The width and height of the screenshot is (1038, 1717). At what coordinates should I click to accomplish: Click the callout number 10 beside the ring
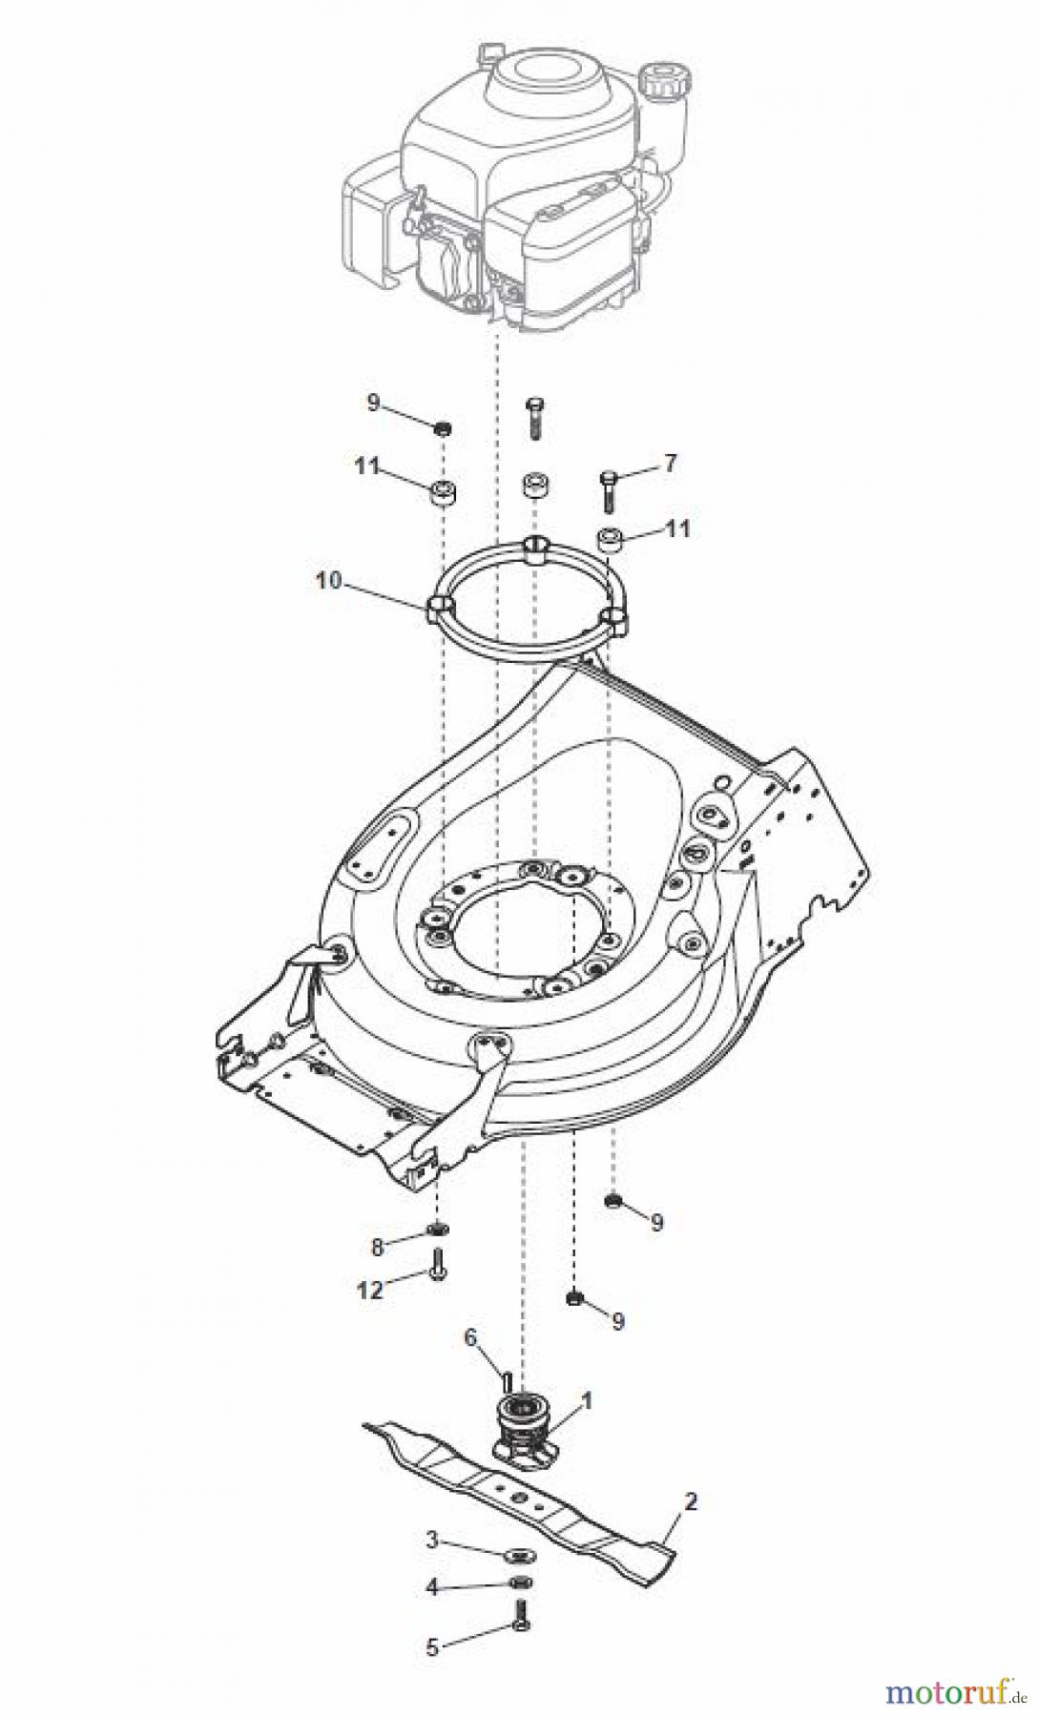click(x=328, y=581)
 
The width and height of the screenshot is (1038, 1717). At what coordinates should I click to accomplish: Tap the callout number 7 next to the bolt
click(x=670, y=465)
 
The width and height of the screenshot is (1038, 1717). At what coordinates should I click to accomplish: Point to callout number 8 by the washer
click(x=377, y=1246)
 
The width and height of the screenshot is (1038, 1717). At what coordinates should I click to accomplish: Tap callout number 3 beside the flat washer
click(x=432, y=1567)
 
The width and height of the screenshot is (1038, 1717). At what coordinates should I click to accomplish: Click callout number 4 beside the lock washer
click(x=432, y=1614)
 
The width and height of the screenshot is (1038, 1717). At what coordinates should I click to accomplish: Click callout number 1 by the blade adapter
click(x=587, y=1400)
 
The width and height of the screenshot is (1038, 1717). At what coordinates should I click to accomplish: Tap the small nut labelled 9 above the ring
click(x=442, y=428)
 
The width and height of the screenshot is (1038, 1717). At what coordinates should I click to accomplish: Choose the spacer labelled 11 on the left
click(x=442, y=495)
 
